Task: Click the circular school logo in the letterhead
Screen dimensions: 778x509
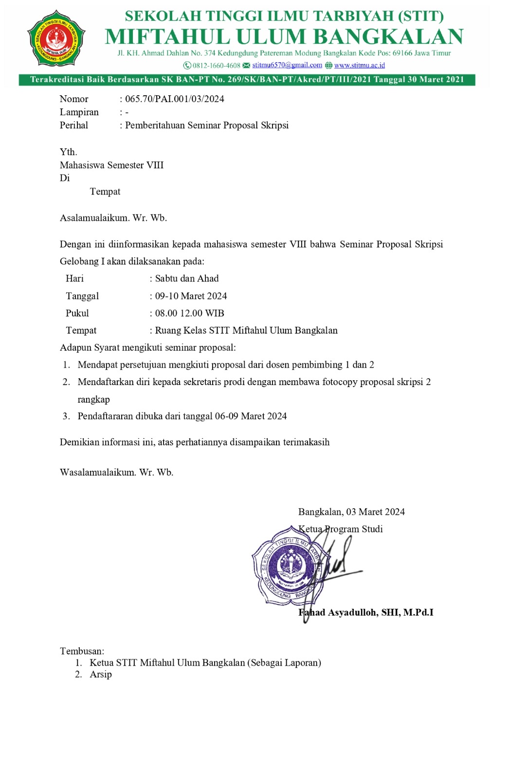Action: (x=56, y=38)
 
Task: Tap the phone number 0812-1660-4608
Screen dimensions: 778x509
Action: (x=216, y=66)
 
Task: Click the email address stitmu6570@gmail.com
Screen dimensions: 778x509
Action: (x=287, y=65)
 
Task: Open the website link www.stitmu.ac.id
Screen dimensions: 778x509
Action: (x=359, y=65)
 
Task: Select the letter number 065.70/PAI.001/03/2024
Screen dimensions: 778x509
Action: (x=175, y=99)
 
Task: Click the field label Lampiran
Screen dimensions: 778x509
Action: (x=79, y=112)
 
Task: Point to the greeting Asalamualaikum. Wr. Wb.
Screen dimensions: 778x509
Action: (x=113, y=218)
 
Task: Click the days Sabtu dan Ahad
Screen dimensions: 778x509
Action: (x=187, y=279)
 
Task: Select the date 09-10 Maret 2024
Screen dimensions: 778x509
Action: (x=191, y=296)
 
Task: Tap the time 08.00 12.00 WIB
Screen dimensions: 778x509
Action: (x=189, y=313)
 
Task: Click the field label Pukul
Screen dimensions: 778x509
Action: (x=77, y=313)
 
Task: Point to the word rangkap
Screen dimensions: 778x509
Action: (x=93, y=399)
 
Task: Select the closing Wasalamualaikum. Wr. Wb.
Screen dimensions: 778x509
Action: (x=117, y=472)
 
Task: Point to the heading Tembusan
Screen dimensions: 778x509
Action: (x=82, y=651)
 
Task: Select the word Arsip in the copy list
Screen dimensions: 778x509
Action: (x=101, y=674)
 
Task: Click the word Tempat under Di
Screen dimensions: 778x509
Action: (x=105, y=192)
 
